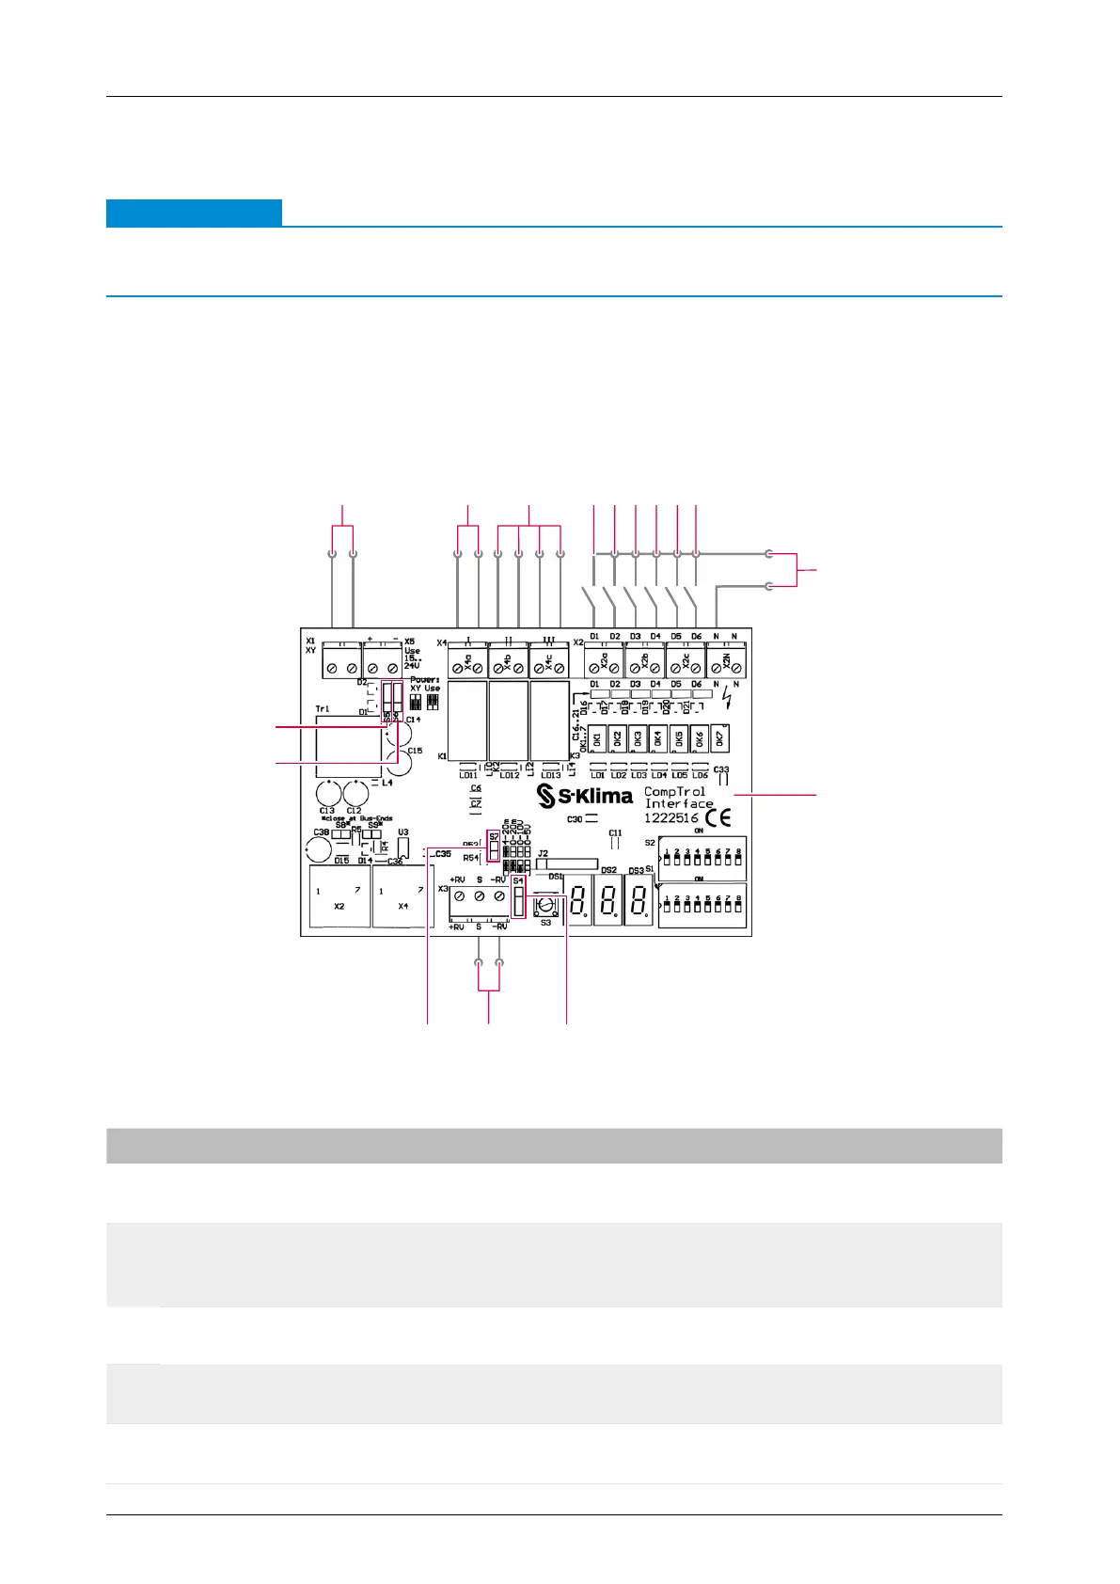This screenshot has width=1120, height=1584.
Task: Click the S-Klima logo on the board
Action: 584,797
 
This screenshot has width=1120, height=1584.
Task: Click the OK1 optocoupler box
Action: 597,739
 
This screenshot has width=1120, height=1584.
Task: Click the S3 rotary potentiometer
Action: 545,906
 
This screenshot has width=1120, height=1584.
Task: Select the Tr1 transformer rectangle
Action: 349,747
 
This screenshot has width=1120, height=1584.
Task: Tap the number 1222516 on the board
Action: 670,818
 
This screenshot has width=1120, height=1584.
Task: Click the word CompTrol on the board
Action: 674,792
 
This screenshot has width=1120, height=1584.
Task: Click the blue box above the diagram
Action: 194,213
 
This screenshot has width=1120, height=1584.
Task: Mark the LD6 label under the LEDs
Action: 700,776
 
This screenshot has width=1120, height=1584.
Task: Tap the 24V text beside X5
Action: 412,665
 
